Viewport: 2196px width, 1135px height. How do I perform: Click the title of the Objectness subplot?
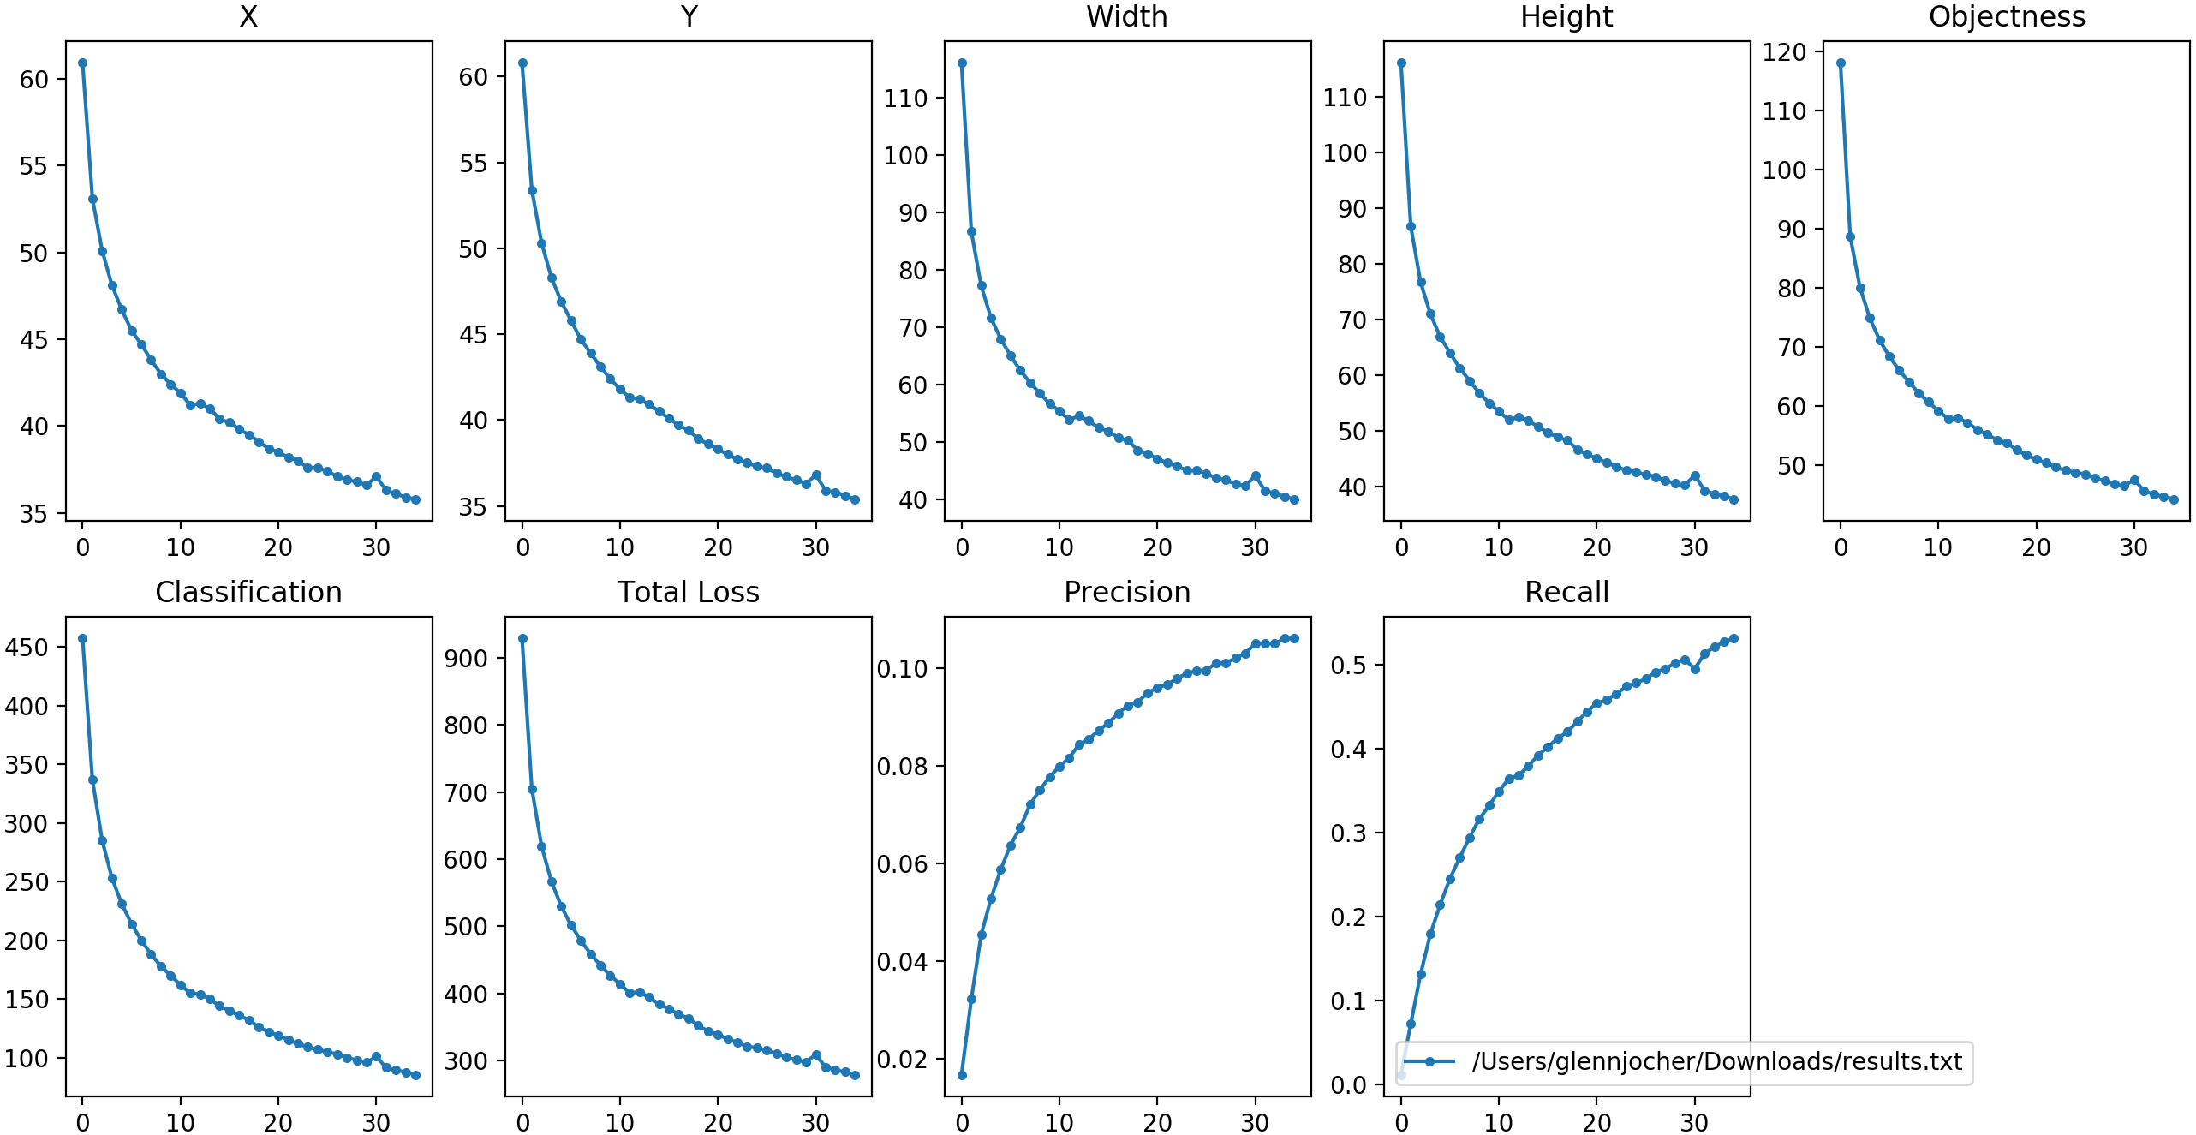tap(2007, 17)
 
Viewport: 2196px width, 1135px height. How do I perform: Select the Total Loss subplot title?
tap(689, 593)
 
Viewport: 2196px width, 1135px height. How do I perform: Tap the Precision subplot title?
tap(1127, 593)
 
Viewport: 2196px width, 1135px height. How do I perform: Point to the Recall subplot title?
tap(1566, 593)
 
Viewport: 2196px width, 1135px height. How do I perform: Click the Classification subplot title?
tap(248, 593)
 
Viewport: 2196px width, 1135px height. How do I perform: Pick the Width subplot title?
tap(1127, 17)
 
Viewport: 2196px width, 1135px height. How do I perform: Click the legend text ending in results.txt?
tap(1716, 1062)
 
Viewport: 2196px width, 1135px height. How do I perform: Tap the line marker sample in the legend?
tap(1429, 1062)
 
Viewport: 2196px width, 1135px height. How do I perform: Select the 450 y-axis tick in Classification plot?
tap(27, 648)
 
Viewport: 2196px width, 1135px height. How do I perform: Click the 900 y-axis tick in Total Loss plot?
tap(466, 659)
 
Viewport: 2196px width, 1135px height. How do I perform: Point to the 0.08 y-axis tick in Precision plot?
tap(903, 767)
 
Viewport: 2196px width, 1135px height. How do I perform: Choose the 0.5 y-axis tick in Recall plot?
tap(1348, 666)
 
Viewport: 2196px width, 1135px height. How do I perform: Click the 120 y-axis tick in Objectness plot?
tap(1784, 52)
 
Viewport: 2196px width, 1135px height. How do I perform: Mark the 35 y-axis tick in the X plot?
tap(34, 514)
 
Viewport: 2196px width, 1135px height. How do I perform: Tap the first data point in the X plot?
tap(82, 63)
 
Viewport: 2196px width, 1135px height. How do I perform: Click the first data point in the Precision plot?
tap(962, 1075)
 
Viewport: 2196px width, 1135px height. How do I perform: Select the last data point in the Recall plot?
tap(1734, 638)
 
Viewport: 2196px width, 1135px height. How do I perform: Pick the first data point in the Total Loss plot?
tap(522, 638)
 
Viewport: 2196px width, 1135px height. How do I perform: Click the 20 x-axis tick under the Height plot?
tap(1596, 548)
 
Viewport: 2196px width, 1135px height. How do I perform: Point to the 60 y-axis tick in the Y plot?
tap(474, 77)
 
